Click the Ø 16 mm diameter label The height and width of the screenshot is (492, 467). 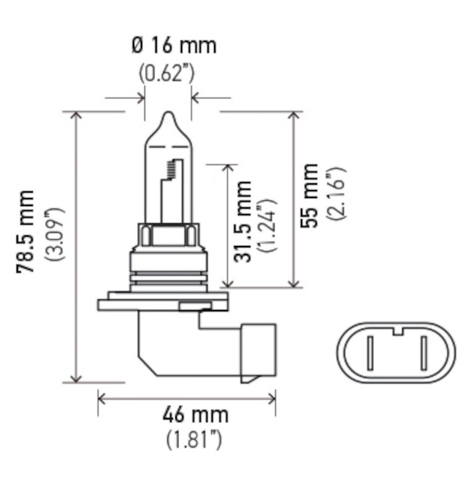pos(174,46)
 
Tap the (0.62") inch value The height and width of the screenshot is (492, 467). pos(166,74)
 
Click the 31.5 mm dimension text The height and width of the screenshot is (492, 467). pos(245,221)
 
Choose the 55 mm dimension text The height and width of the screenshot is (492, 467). pos(311,195)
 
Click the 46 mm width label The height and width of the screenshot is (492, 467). pos(195,415)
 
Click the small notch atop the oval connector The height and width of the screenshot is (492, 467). pos(397,332)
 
